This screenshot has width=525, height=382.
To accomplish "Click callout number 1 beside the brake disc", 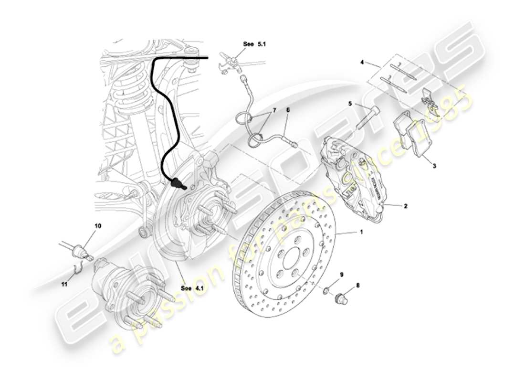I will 361,232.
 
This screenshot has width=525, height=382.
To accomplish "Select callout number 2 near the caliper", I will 405,206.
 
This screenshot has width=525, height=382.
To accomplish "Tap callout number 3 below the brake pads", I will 434,166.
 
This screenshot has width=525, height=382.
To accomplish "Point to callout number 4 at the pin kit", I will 362,62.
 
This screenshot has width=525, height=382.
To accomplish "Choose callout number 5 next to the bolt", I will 350,103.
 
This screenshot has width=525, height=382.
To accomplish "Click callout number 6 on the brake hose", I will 288,110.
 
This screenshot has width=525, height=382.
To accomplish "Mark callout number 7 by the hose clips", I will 274,110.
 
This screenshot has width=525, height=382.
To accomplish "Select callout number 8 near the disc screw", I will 357,286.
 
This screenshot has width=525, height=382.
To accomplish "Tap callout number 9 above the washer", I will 341,275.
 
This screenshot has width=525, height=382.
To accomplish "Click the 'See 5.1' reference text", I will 254,43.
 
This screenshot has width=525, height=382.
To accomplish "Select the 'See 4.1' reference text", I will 192,288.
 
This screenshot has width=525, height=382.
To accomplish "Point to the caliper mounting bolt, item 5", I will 365,117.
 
